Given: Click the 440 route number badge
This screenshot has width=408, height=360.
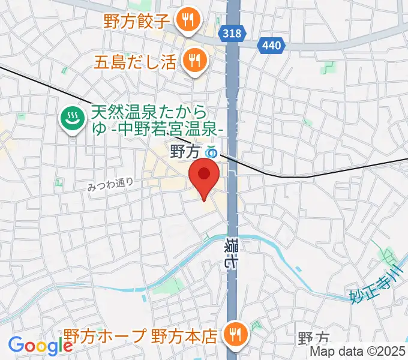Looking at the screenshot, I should point(268,45).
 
